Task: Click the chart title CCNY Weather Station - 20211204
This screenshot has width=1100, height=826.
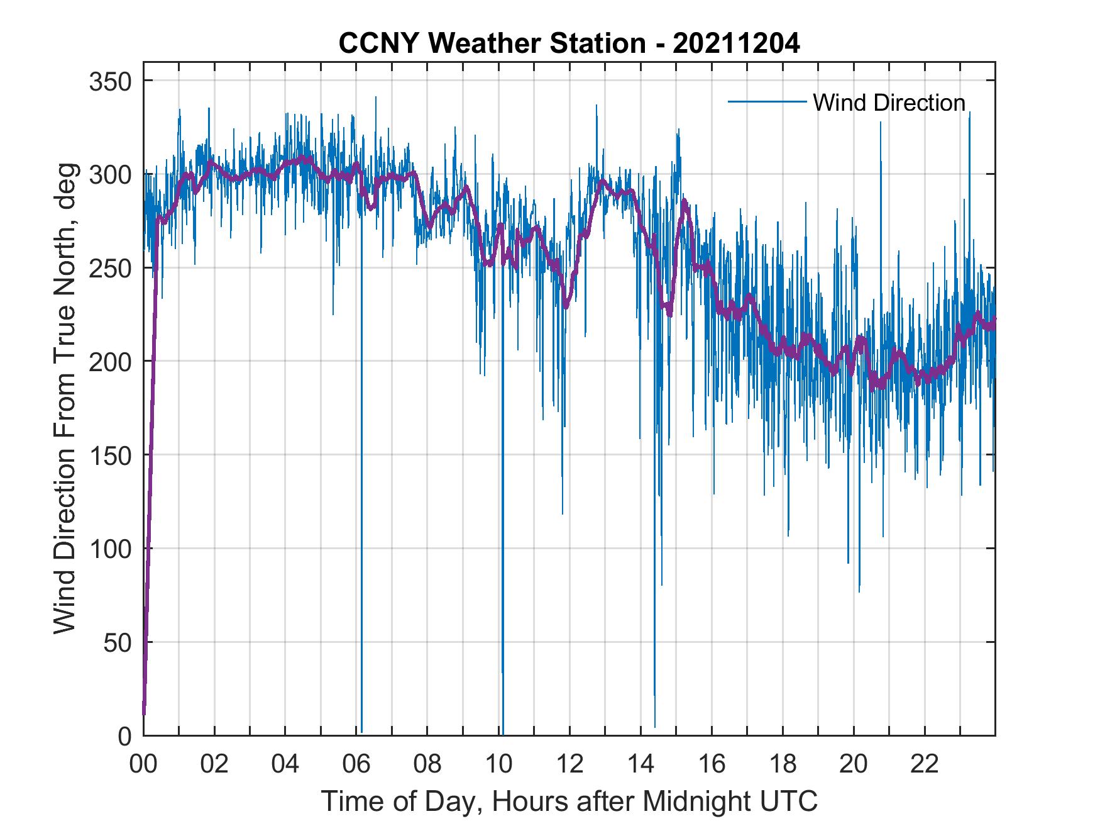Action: click(569, 44)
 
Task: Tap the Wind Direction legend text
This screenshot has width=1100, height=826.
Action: click(889, 103)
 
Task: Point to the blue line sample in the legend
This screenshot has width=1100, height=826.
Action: click(767, 102)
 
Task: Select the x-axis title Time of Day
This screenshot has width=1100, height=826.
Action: click(569, 801)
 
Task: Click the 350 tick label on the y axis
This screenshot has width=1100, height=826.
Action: click(109, 82)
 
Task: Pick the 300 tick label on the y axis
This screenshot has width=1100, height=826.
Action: click(109, 175)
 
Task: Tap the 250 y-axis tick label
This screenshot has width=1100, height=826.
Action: click(109, 269)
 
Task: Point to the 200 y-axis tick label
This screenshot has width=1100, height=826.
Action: click(109, 362)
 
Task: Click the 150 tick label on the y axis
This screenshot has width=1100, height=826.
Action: click(109, 455)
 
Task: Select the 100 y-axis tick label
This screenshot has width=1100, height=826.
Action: click(109, 549)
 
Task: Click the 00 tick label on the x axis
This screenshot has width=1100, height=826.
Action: click(143, 764)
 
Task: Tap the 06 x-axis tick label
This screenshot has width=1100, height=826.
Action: click(356, 764)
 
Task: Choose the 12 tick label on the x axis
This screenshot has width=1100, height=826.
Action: click(569, 764)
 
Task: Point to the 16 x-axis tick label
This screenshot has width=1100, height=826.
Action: click(712, 764)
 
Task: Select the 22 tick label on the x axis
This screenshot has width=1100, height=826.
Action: click(925, 764)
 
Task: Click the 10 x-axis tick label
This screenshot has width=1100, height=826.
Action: click(498, 764)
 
